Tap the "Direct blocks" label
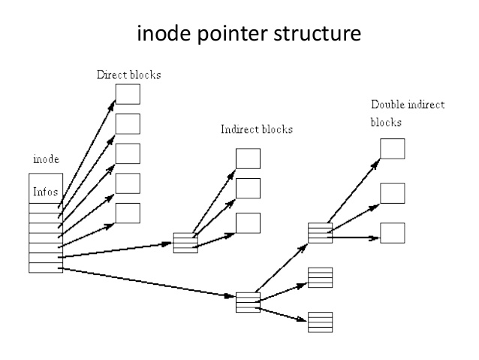click(x=128, y=75)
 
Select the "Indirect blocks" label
click(x=256, y=129)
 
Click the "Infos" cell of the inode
click(x=45, y=192)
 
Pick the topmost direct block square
click(x=128, y=93)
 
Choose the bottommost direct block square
click(x=128, y=213)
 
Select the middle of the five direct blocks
click(x=128, y=153)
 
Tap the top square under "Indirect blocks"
click(x=248, y=158)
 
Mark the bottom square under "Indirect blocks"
click(x=248, y=223)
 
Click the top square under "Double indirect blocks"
click(x=392, y=148)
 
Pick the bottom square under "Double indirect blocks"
click(x=392, y=232)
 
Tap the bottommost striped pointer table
click(x=320, y=322)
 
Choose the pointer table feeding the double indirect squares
click(x=320, y=233)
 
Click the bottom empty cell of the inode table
click(x=45, y=268)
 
